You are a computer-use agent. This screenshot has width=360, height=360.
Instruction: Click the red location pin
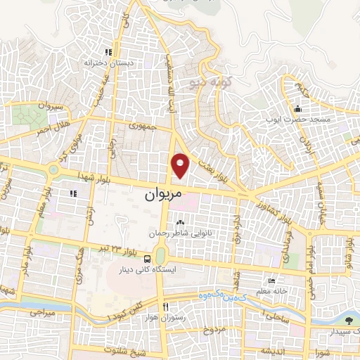click(x=181, y=165)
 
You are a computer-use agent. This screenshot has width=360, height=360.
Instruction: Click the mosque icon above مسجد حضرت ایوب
click(x=297, y=109)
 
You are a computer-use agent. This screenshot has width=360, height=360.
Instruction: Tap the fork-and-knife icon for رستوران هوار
click(x=166, y=307)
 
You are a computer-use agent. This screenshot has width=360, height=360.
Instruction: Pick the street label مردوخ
click(x=214, y=329)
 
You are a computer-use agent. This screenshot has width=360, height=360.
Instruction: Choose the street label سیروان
click(x=51, y=106)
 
